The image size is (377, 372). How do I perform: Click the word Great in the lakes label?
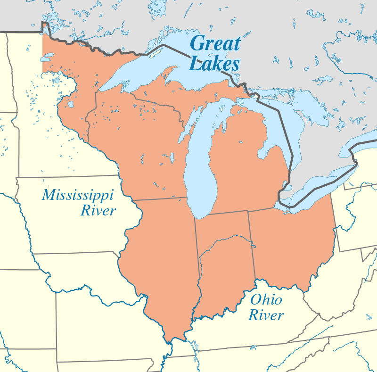(215, 44)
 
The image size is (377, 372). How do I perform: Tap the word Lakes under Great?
(214, 63)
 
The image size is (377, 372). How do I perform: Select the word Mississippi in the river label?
(78, 194)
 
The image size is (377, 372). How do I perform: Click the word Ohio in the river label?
(266, 299)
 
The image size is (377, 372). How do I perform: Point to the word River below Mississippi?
(98, 210)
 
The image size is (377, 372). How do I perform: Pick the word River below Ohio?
(266, 315)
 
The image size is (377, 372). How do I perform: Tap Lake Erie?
(320, 186)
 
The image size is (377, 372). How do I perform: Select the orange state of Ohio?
(292, 245)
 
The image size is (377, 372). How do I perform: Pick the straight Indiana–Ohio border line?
(252, 245)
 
